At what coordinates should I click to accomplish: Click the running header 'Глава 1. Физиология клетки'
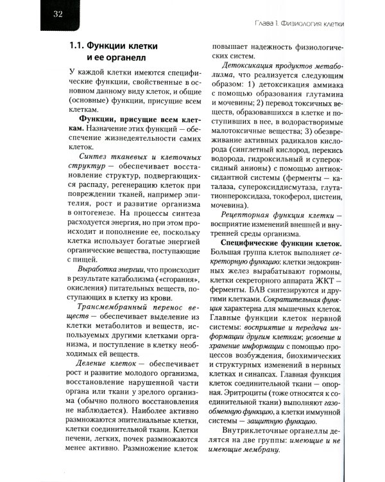tap(297, 24)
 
